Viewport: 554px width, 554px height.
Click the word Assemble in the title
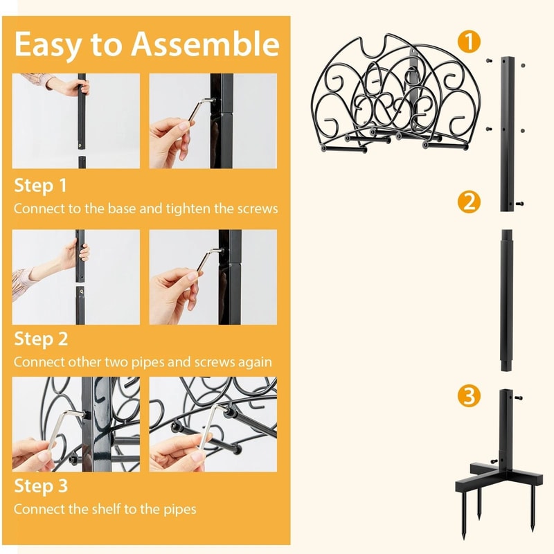pyautogui.click(x=205, y=44)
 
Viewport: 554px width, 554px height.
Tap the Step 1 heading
pyautogui.click(x=41, y=186)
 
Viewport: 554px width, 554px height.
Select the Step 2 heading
pyautogui.click(x=42, y=340)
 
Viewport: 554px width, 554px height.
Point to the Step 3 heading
pyautogui.click(x=42, y=487)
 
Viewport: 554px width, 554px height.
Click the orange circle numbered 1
pyautogui.click(x=470, y=42)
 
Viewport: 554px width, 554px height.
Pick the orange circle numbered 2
pyautogui.click(x=469, y=202)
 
